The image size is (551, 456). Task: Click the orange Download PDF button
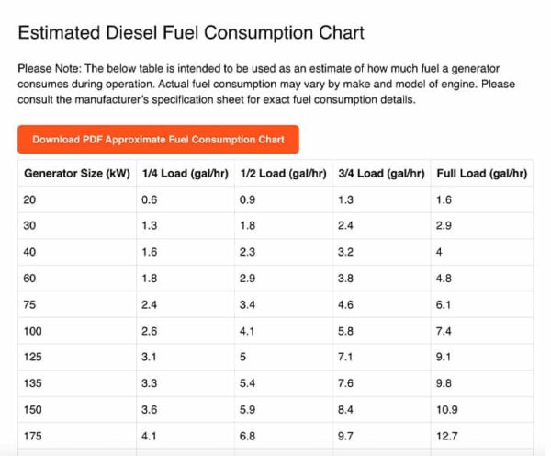[158, 140]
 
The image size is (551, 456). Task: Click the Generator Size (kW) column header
[77, 173]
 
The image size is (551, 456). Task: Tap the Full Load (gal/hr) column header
[480, 173]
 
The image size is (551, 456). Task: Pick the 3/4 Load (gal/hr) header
[381, 173]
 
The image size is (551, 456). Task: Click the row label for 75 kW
[31, 303]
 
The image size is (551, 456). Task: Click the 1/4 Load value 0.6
[149, 199]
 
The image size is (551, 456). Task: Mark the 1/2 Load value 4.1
[247, 329]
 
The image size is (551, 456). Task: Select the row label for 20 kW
[31, 199]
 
